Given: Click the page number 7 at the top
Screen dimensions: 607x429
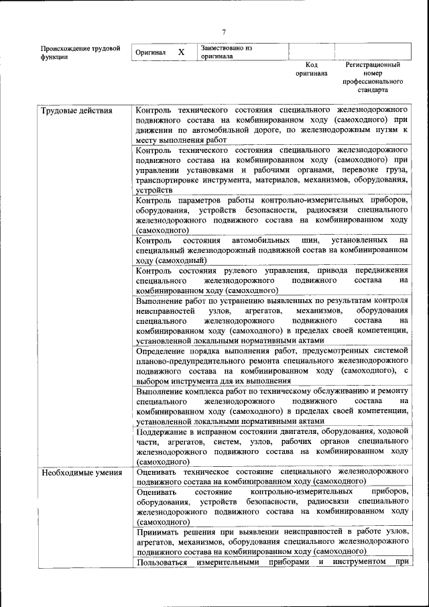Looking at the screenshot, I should pos(224,31).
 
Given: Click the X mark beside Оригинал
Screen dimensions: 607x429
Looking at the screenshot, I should pos(181,52).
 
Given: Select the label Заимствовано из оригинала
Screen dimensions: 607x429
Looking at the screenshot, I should pos(225,52).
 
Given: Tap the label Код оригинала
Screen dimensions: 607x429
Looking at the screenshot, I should pos(311,69).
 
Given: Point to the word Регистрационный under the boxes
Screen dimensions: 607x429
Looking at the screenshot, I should pos(373,65).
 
